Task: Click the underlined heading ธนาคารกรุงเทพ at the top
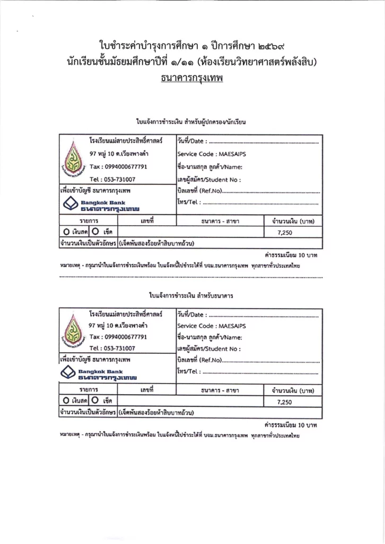click(x=192, y=79)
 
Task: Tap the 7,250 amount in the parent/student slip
click(x=285, y=232)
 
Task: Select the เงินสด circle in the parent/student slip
click(x=66, y=232)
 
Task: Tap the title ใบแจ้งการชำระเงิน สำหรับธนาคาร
click(x=192, y=294)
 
